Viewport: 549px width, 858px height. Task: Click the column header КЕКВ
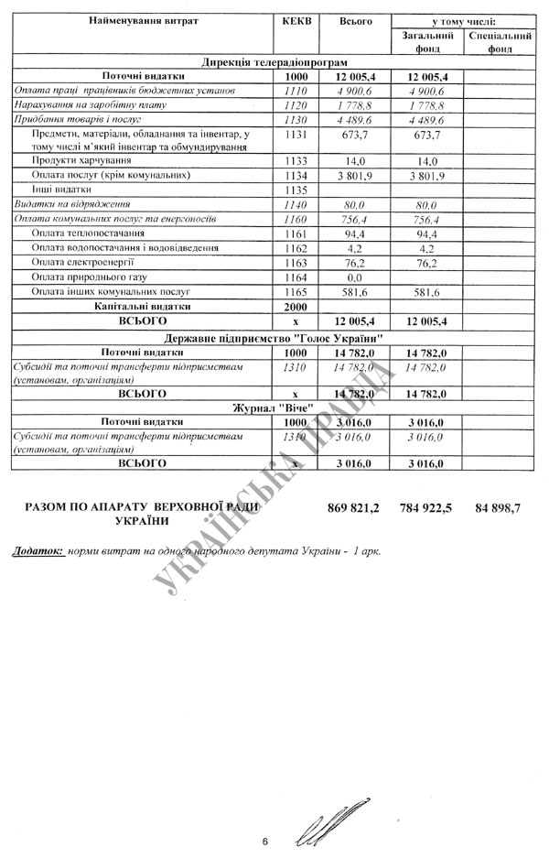300,20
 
